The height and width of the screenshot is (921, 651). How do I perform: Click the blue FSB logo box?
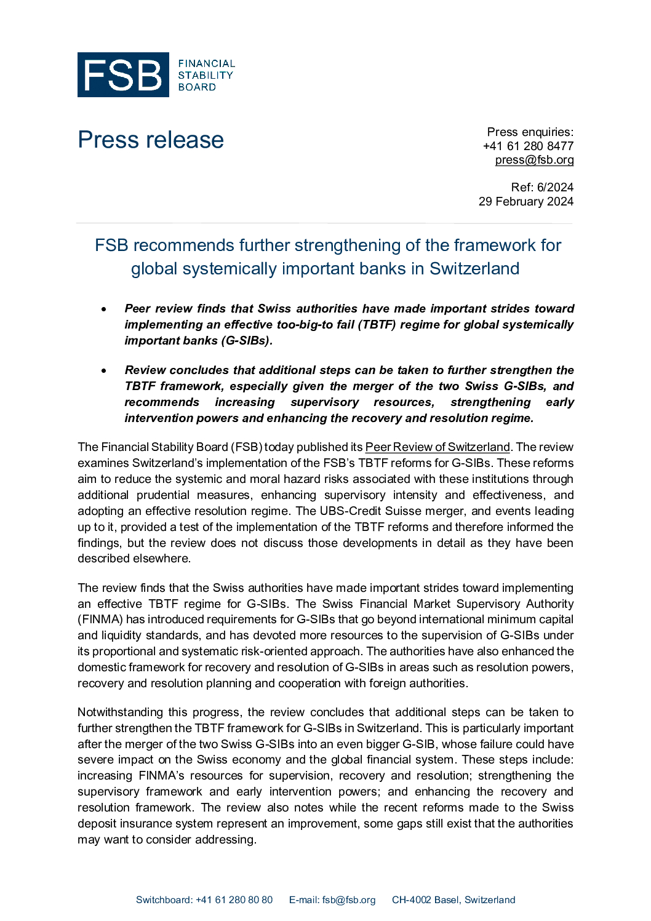pyautogui.click(x=123, y=75)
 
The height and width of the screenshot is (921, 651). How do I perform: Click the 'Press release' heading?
pyautogui.click(x=151, y=140)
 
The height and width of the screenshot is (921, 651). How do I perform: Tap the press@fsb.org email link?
pyautogui.click(x=534, y=160)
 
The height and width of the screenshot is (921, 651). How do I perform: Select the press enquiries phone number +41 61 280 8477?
pyautogui.click(x=528, y=146)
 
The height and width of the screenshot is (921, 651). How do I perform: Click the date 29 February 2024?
pyautogui.click(x=526, y=201)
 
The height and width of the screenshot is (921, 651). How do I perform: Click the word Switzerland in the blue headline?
pyautogui.click(x=474, y=269)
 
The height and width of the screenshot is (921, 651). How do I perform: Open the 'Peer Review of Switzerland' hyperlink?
pyautogui.click(x=437, y=447)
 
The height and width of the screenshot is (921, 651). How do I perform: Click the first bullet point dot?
pyautogui.click(x=104, y=309)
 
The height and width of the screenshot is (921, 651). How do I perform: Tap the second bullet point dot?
pyautogui.click(x=104, y=370)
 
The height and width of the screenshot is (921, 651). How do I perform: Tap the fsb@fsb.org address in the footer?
pyautogui.click(x=348, y=900)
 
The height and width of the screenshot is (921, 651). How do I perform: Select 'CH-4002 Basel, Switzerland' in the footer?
pyautogui.click(x=453, y=900)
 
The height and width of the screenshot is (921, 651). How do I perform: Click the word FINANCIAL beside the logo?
pyautogui.click(x=207, y=63)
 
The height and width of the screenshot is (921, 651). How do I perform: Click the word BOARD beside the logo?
pyautogui.click(x=197, y=87)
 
